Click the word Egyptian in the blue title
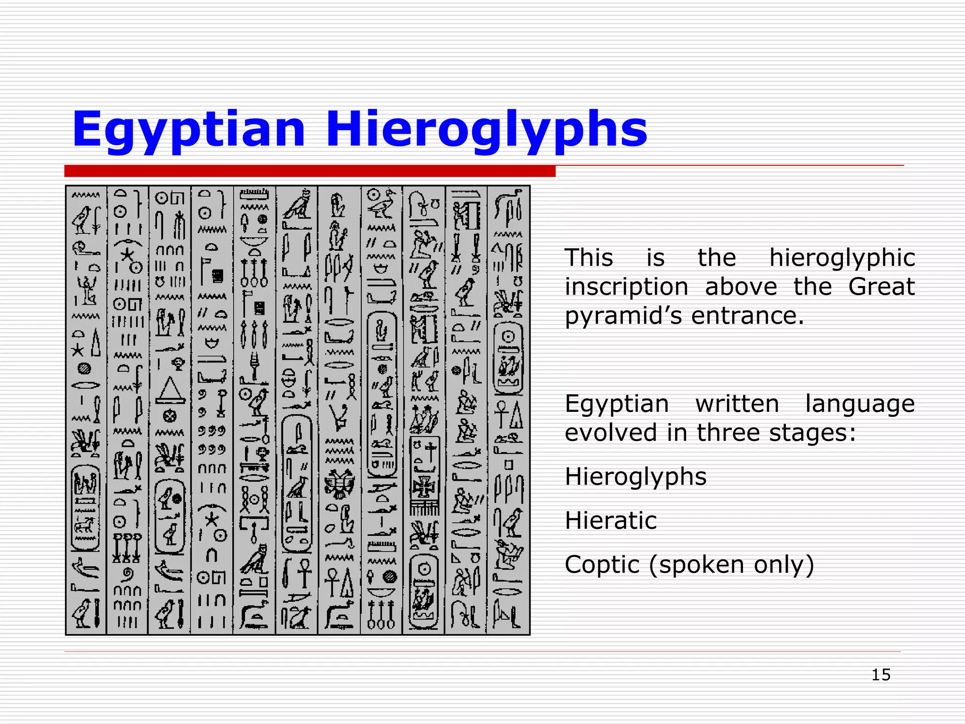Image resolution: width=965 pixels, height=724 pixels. [x=188, y=130]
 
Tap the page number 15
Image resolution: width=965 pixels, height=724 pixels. [x=881, y=675]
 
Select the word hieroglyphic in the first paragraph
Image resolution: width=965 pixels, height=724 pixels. [x=842, y=258]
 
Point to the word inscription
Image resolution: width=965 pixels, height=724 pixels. [x=626, y=287]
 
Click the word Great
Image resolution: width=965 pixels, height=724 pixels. [x=881, y=287]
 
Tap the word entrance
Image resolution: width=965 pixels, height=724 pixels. [x=747, y=316]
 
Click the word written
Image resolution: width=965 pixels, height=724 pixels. [x=737, y=404]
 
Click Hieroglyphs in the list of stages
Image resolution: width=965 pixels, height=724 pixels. [x=636, y=477]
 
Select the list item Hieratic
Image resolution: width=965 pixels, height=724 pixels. [x=611, y=521]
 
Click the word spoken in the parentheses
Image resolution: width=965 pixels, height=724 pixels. [x=697, y=565]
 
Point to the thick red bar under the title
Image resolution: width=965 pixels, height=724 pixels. [x=310, y=171]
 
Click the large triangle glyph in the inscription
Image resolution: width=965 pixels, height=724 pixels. [x=170, y=390]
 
